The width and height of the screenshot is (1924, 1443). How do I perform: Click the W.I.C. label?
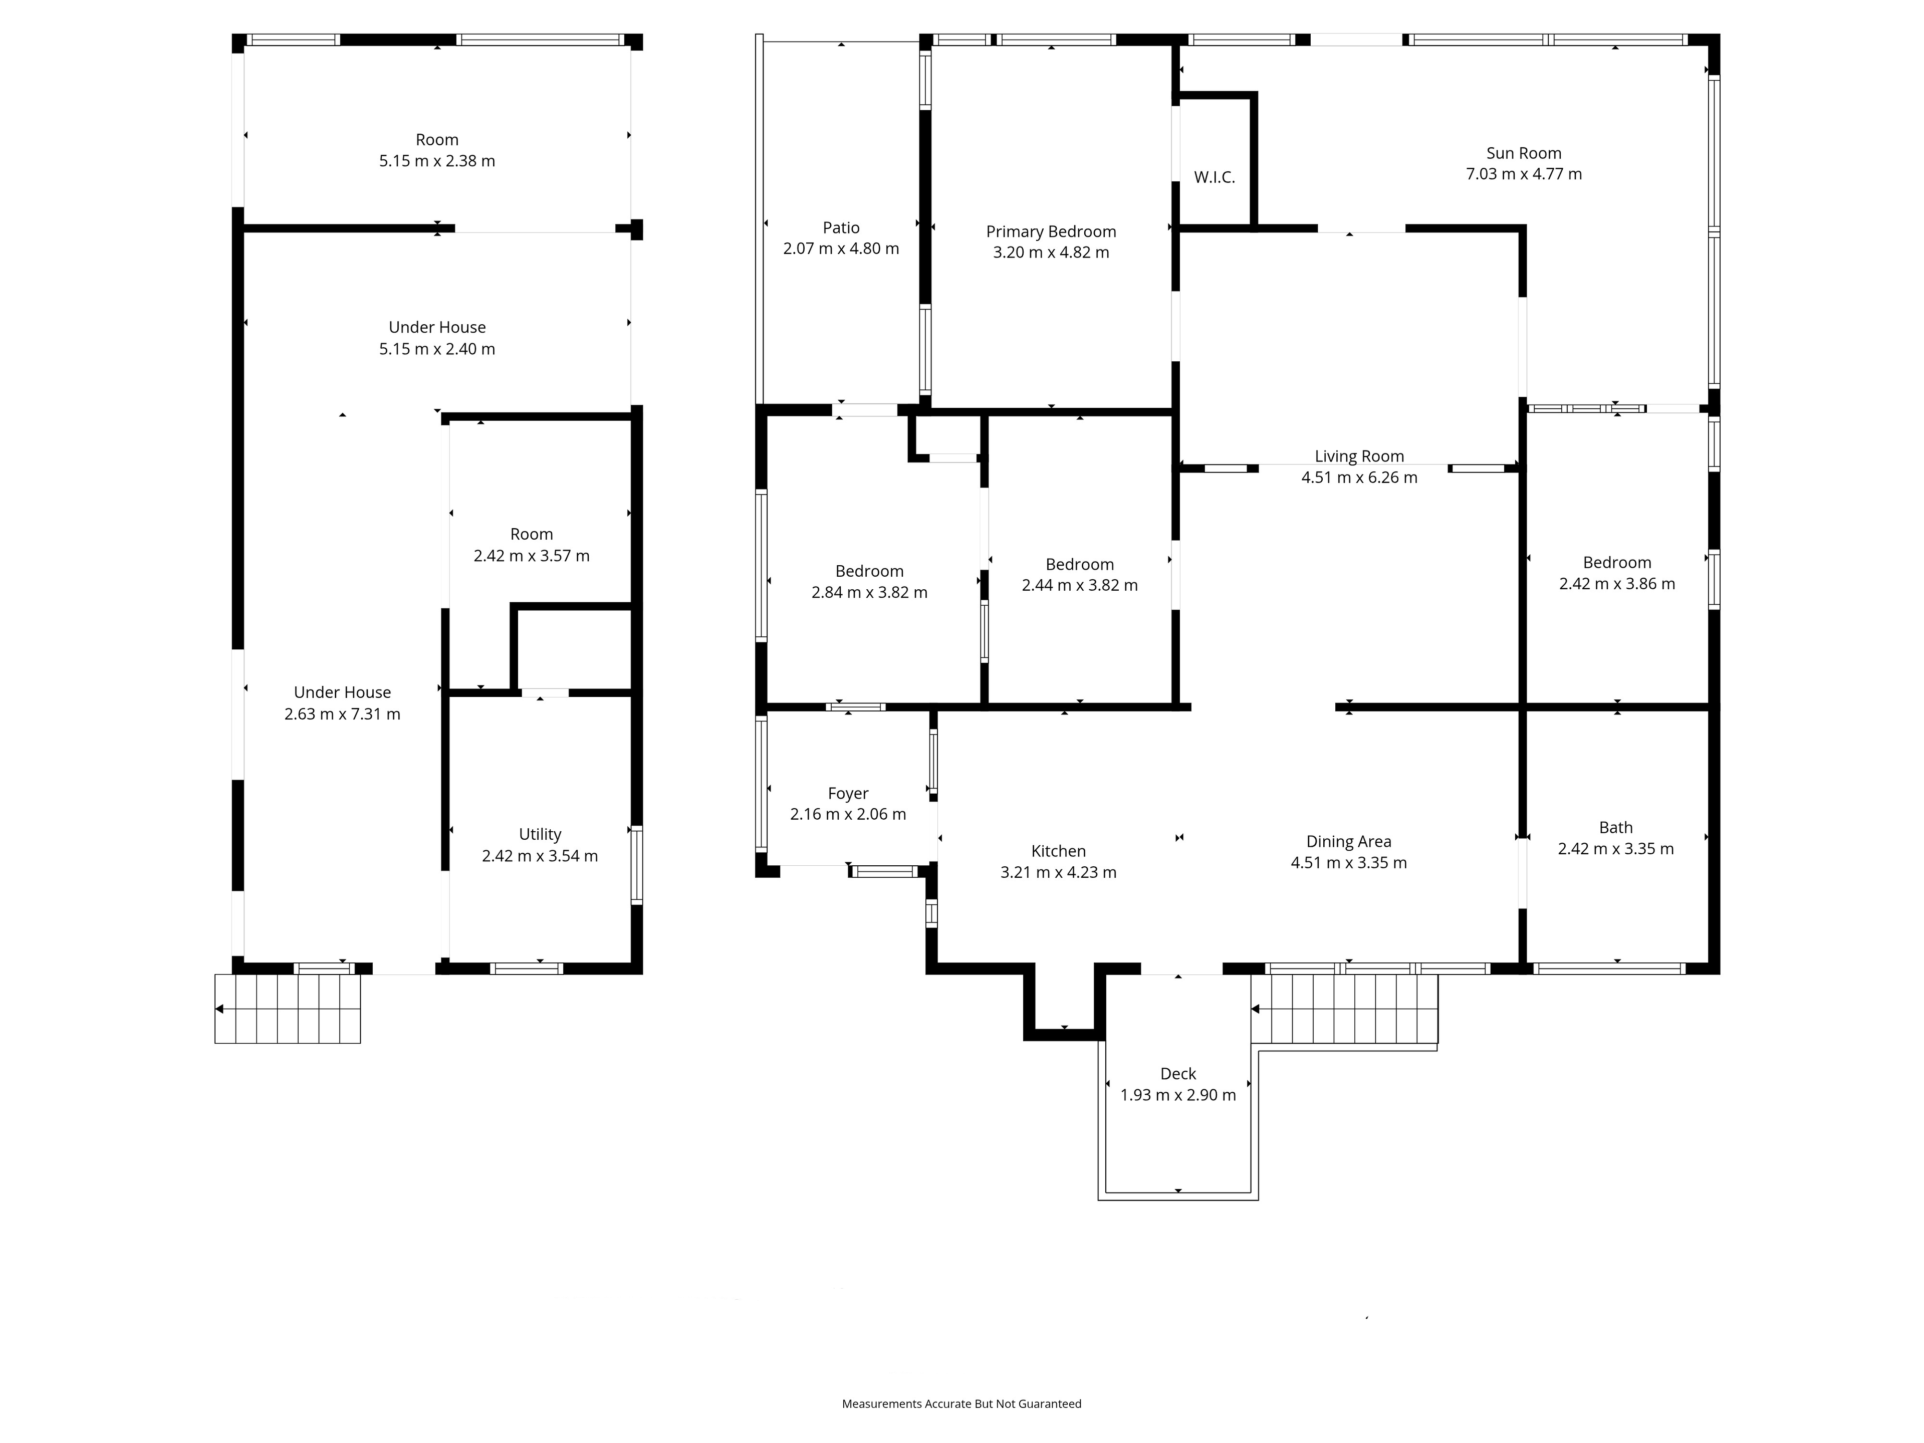1214,177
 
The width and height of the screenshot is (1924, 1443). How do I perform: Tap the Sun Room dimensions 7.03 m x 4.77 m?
1524,174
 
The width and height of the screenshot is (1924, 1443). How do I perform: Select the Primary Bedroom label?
1051,231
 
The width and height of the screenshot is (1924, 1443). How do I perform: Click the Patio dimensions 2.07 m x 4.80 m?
841,249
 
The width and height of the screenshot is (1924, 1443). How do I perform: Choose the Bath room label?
1615,827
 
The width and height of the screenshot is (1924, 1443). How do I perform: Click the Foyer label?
848,793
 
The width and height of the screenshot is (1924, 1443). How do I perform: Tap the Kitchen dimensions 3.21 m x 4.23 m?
1059,872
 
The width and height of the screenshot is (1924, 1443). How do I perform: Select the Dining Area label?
1348,841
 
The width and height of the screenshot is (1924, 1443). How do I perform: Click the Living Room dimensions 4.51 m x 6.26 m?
1359,477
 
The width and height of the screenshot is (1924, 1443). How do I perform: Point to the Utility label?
540,834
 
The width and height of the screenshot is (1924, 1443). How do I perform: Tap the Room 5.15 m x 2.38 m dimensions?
436,161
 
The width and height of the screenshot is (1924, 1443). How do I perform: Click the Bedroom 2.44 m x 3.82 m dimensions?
1079,585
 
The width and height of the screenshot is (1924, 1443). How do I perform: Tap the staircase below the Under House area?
288,1009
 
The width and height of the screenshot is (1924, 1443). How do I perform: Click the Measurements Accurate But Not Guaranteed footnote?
961,1354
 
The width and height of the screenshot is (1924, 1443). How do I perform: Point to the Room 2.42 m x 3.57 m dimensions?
532,556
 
